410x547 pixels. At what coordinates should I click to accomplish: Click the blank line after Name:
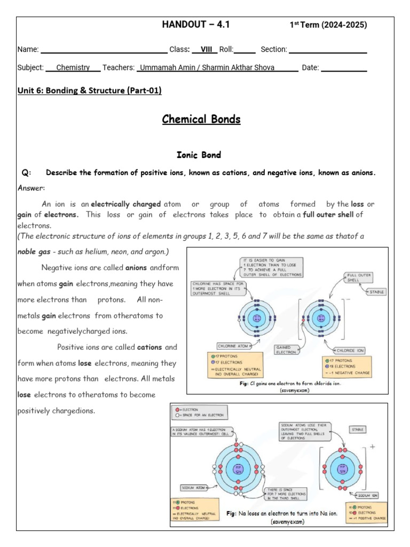(x=104, y=50)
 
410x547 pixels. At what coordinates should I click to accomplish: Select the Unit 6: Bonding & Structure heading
(x=90, y=90)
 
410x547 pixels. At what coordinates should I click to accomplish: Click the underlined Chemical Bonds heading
(x=201, y=119)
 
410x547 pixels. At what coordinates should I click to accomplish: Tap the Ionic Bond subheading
(x=199, y=155)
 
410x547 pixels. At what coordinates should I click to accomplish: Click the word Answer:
(x=31, y=188)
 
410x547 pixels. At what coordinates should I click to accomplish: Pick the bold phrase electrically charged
(x=126, y=204)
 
